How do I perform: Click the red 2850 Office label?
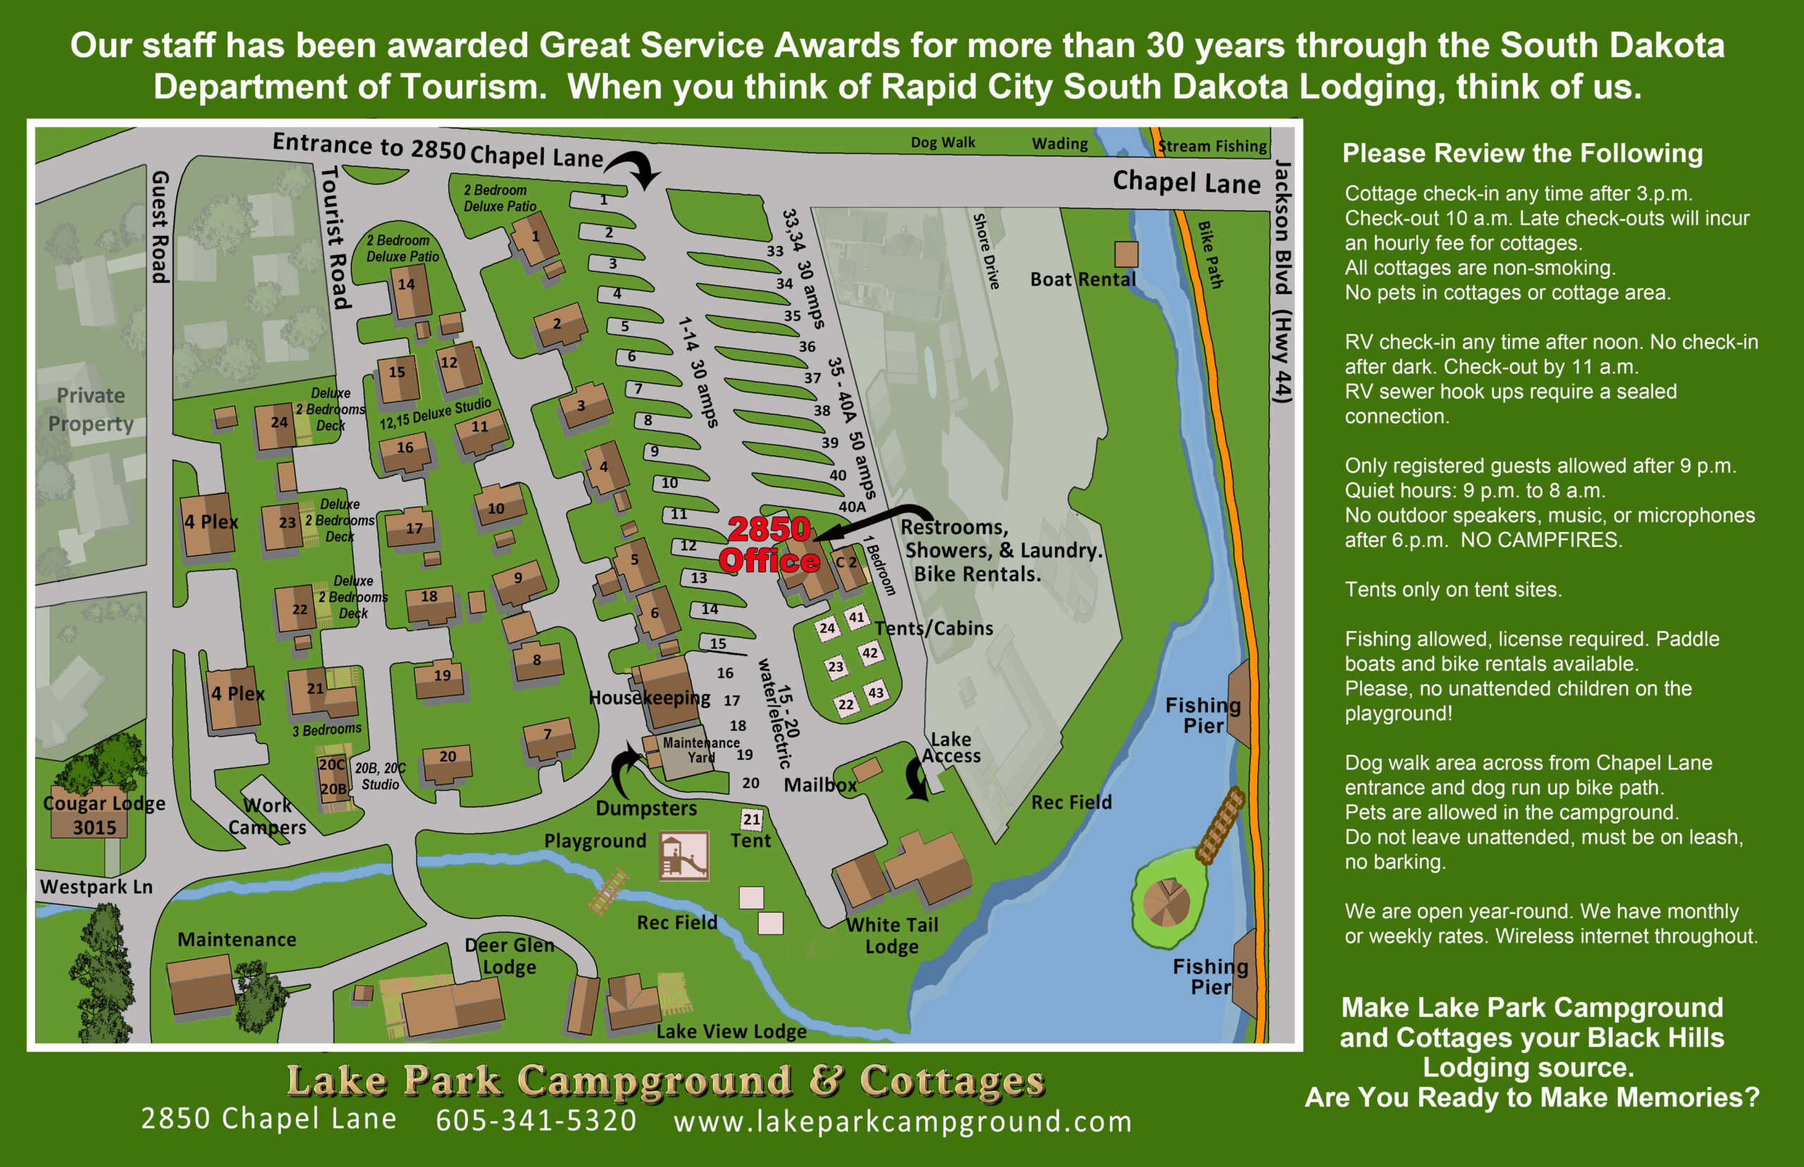pyautogui.click(x=768, y=544)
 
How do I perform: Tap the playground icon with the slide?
pyautogui.click(x=684, y=856)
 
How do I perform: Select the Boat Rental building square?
pyautogui.click(x=1126, y=254)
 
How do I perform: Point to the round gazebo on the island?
pyautogui.click(x=1166, y=903)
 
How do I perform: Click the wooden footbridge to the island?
pyautogui.click(x=1220, y=825)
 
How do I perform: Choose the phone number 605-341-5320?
pyautogui.click(x=536, y=1120)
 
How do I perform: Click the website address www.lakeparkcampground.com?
pyautogui.click(x=903, y=1121)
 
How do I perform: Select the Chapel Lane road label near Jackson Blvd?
pyautogui.click(x=1186, y=183)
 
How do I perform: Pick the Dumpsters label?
pyautogui.click(x=645, y=808)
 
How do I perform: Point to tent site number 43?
pyautogui.click(x=875, y=693)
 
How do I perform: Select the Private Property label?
pyautogui.click(x=91, y=409)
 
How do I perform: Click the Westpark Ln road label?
pyautogui.click(x=97, y=887)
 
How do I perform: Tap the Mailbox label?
pyautogui.click(x=820, y=785)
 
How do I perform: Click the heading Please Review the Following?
pyautogui.click(x=1522, y=153)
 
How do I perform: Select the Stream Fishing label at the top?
pyautogui.click(x=1212, y=147)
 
